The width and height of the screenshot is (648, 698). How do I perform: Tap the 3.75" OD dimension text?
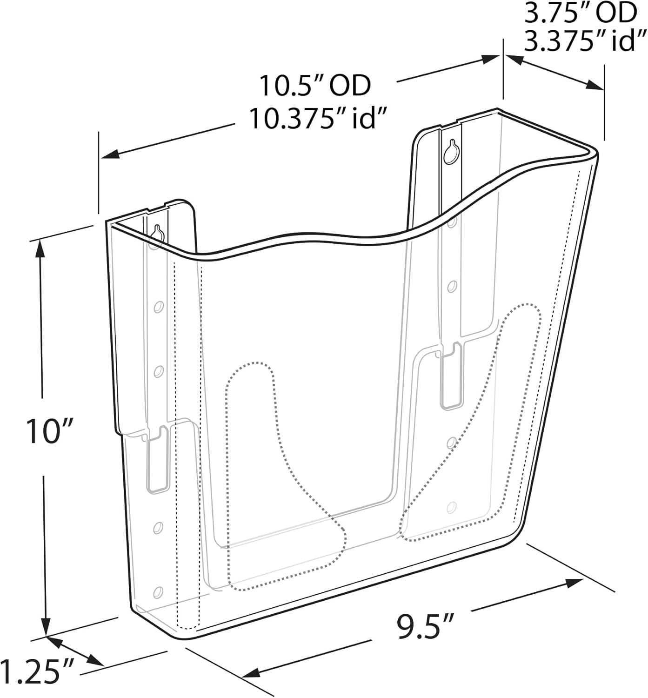(580, 13)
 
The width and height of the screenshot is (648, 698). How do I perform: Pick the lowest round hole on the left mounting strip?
(158, 591)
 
